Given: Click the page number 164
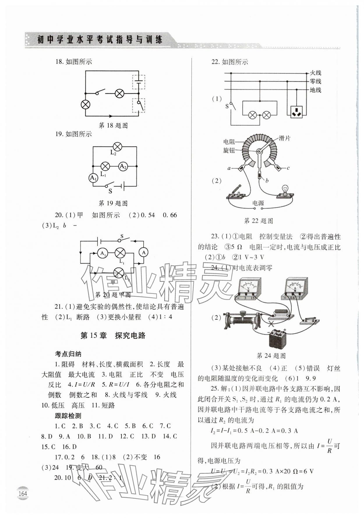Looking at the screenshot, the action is (23, 494).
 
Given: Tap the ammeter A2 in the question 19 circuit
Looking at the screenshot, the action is (123, 167).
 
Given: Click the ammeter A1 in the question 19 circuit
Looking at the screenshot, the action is (93, 178).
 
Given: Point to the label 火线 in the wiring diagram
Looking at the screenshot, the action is (315, 73).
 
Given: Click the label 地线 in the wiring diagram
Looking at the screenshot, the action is (315, 90).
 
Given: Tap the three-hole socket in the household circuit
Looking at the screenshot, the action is (297, 112).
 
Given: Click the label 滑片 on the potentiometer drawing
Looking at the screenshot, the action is (285, 138).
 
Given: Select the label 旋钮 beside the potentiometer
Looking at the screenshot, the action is (229, 150).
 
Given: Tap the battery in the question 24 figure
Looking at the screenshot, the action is (276, 340).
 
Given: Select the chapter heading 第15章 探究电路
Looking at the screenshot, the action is (113, 336).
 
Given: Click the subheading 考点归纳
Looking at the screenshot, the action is (68, 354).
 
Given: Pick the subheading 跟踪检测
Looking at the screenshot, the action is (68, 416).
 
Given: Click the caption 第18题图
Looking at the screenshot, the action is (113, 125).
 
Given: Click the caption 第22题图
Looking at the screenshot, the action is (258, 221).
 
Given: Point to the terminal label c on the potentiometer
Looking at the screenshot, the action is (288, 168).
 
